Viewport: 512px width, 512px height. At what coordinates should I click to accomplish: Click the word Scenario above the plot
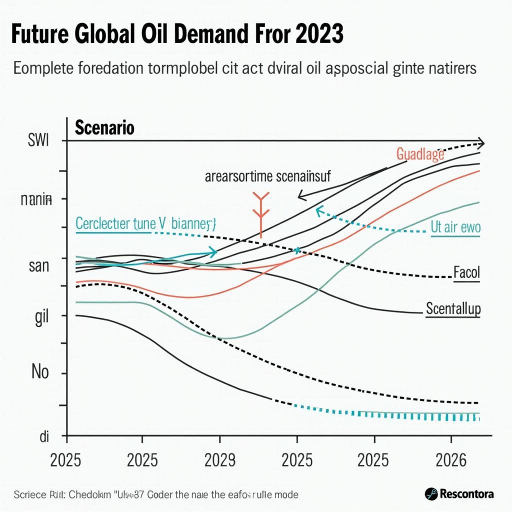pyautogui.click(x=104, y=128)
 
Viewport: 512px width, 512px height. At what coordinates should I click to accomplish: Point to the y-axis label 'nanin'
pyautogui.click(x=36, y=200)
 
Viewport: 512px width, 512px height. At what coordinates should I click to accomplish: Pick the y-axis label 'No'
pyautogui.click(x=40, y=372)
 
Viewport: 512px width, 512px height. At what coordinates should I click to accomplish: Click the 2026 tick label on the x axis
pyautogui.click(x=451, y=459)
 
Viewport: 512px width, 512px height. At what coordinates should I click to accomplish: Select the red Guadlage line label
pyautogui.click(x=420, y=154)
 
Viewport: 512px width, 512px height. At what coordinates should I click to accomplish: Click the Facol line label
pyautogui.click(x=466, y=273)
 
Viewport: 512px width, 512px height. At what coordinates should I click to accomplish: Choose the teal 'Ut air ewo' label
pyautogui.click(x=455, y=228)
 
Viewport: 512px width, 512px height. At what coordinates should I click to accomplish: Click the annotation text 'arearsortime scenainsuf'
pyautogui.click(x=267, y=176)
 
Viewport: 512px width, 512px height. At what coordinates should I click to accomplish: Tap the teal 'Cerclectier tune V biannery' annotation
pyautogui.click(x=145, y=223)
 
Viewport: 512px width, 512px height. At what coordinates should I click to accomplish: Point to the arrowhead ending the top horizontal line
pyautogui.click(x=480, y=142)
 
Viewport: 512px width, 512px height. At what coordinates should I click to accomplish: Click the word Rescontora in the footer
pyautogui.click(x=467, y=494)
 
